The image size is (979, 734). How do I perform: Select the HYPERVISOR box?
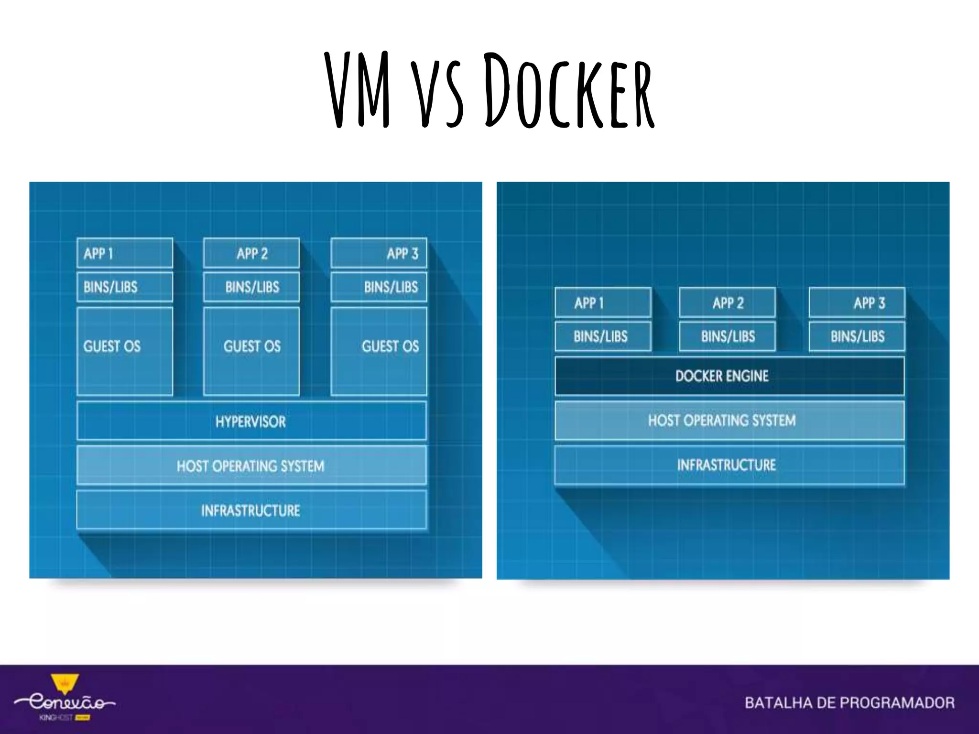251,421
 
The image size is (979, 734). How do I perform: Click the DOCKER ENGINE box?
729,376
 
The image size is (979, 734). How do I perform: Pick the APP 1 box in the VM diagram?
125,253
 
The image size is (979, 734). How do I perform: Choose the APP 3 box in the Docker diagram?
857,303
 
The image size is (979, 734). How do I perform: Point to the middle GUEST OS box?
251,351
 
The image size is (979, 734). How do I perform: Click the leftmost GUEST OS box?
125,351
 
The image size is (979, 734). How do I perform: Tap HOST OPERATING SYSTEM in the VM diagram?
251,465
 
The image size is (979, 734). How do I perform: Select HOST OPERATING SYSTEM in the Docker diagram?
729,421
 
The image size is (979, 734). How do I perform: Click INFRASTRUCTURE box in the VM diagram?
251,510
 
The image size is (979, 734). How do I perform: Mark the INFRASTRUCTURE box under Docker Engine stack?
729,465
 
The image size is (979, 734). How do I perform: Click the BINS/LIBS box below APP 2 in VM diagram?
251,287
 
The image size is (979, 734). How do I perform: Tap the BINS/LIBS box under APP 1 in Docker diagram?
603,336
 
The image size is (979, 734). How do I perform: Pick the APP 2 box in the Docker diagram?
727,303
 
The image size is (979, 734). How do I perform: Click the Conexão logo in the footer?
65,701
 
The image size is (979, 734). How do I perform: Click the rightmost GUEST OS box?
379,351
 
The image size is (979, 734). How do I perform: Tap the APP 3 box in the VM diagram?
379,253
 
